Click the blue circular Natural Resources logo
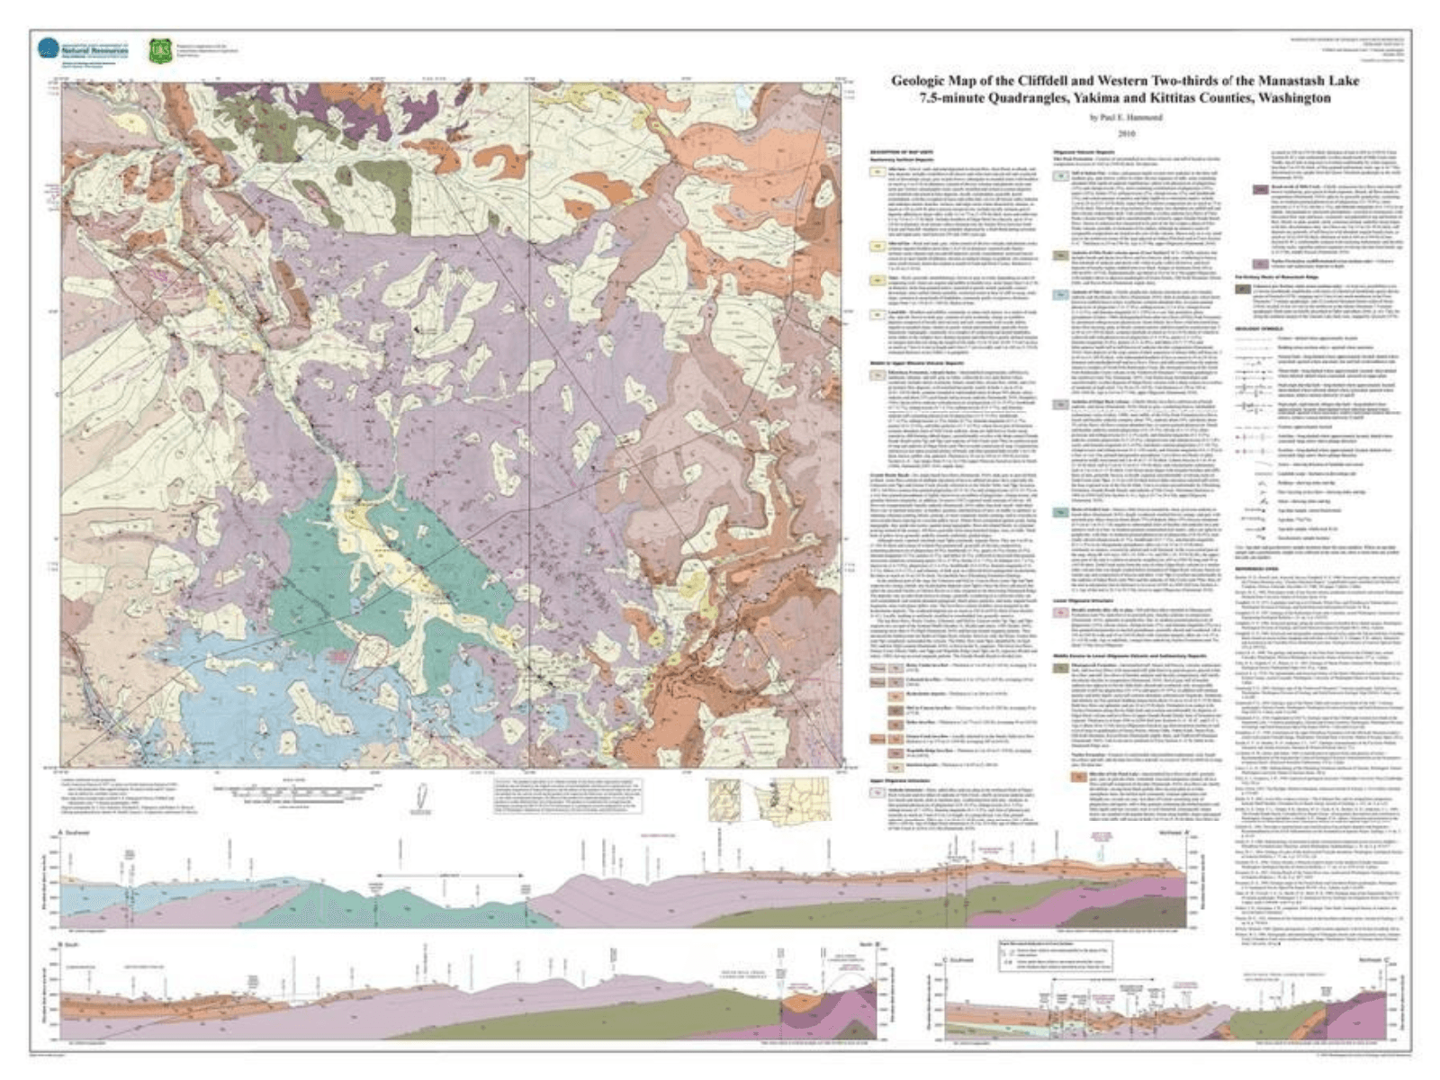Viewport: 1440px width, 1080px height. [x=48, y=49]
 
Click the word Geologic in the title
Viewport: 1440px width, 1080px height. [x=917, y=81]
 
